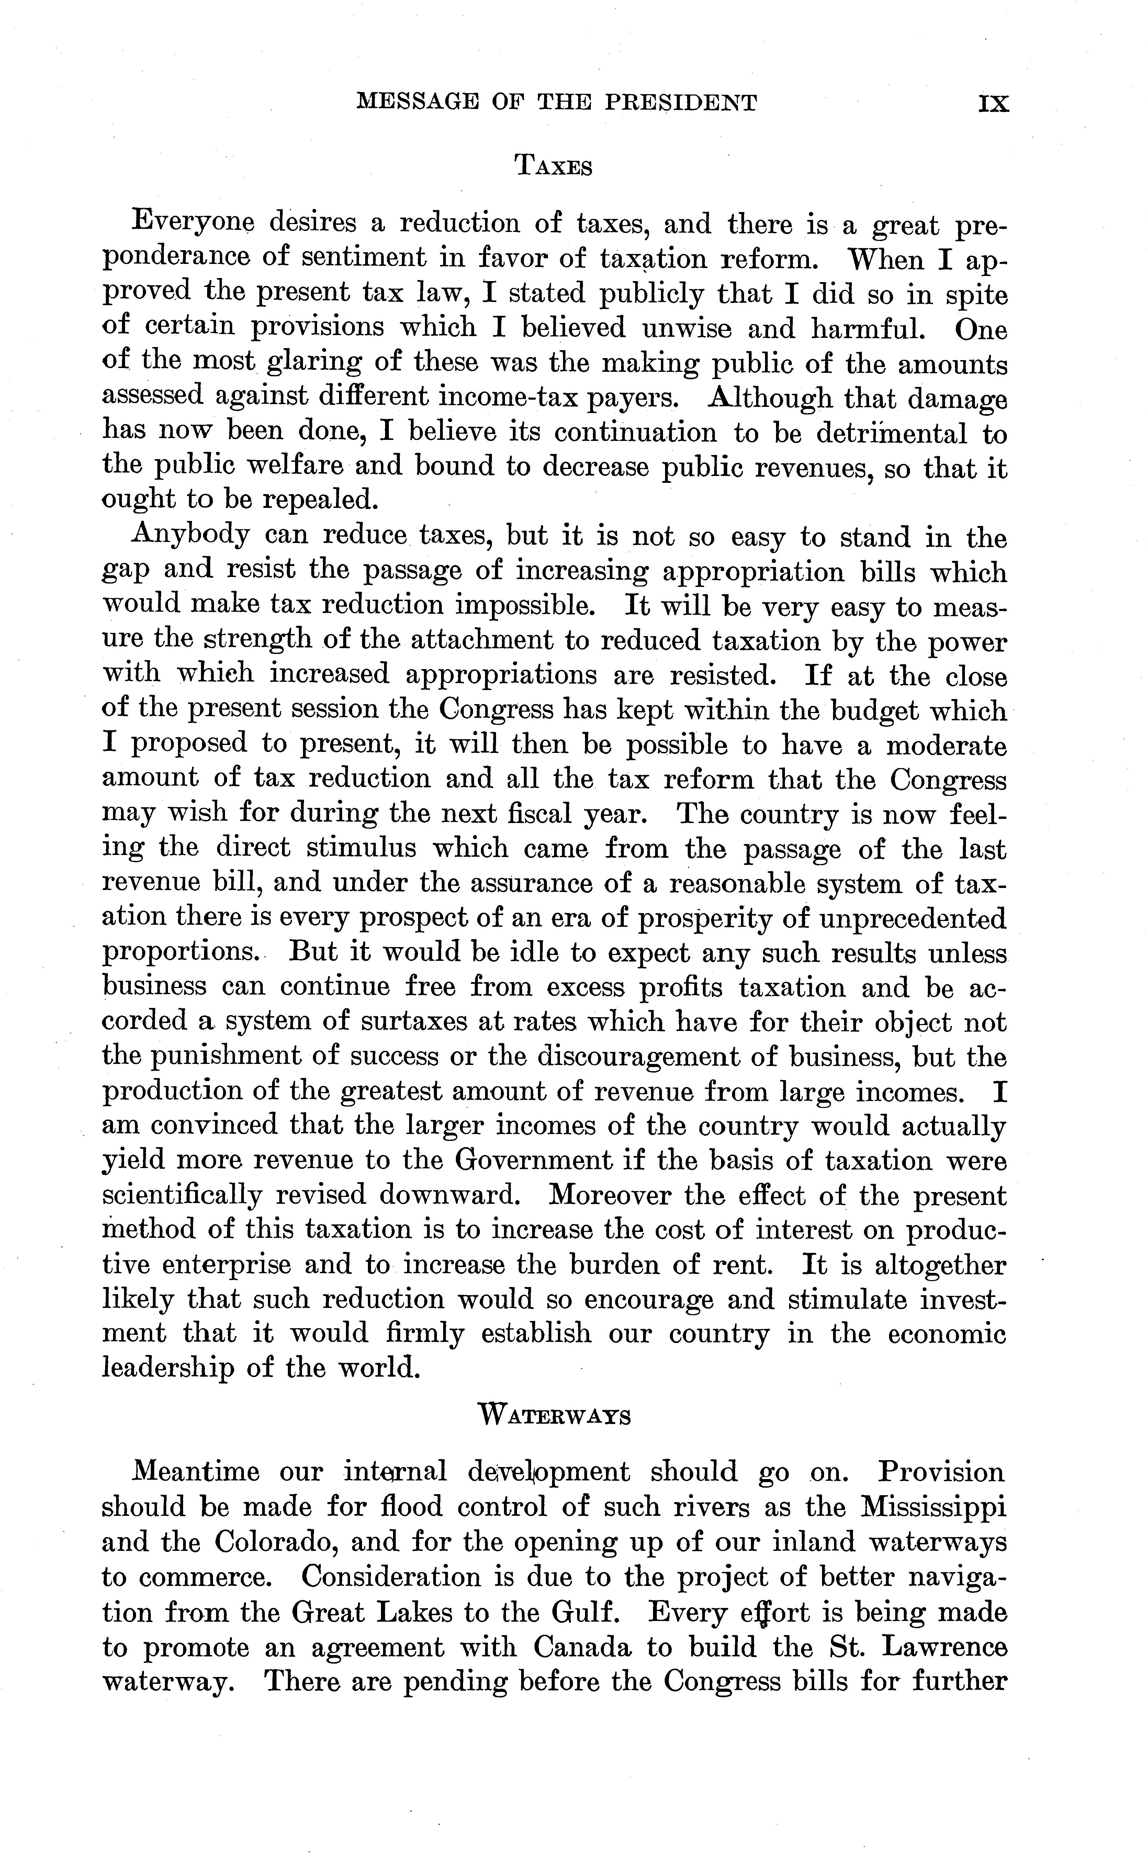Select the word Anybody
point(190,536)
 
